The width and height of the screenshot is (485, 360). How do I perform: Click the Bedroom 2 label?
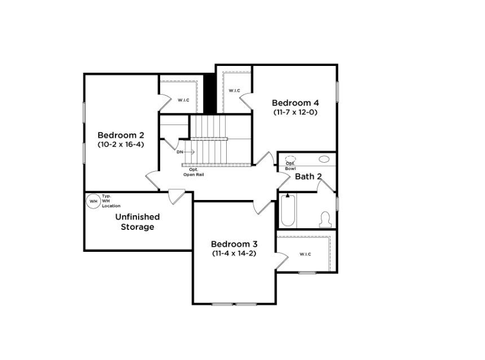coord(121,135)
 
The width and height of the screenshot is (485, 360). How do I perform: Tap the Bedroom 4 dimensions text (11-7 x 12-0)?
coord(296,112)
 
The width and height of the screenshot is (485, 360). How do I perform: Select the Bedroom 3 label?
coord(234,244)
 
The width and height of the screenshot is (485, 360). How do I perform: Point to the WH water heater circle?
coord(93,201)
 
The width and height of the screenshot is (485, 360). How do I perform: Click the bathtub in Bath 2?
coord(288,210)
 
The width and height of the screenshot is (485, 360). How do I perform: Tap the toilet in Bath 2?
coord(325,219)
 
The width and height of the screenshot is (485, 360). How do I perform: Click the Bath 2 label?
coord(308,176)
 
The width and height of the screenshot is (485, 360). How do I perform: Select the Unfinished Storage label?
coord(138,222)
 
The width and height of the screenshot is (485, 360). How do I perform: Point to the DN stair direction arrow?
coord(189,152)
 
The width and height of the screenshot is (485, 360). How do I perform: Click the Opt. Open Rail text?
coord(193,172)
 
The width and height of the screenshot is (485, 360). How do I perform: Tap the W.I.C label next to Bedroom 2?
coord(183,100)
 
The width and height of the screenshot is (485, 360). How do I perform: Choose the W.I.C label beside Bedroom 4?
coord(235,91)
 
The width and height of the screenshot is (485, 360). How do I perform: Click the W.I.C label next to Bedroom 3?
coord(305,254)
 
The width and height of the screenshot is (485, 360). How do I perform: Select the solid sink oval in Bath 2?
coord(324,159)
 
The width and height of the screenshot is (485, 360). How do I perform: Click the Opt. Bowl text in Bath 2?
coord(290,166)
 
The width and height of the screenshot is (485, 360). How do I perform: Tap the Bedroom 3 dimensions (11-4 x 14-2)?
coord(234,254)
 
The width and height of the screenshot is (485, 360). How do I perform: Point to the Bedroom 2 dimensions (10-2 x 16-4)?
coord(121,144)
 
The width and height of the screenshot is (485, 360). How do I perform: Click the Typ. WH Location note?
coord(111,201)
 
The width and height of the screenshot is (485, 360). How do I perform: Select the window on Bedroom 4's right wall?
coord(337,92)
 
